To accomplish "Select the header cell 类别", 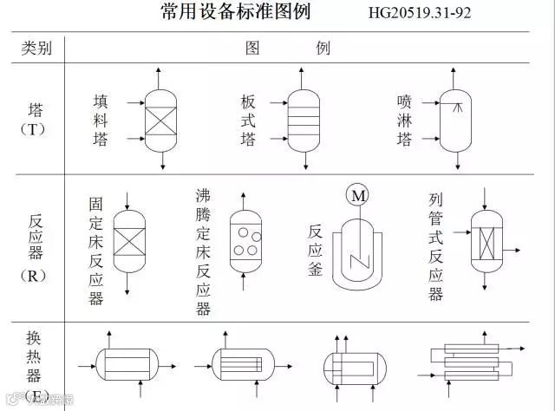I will tap(36, 49).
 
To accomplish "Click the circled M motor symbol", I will tap(358, 196).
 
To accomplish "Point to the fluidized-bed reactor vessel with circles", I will tap(246, 239).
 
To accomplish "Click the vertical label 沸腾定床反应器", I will tap(203, 251).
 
